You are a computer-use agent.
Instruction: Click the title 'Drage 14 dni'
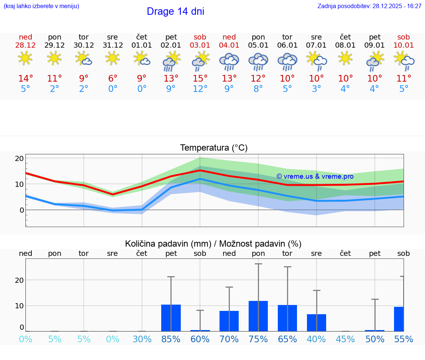[175, 11]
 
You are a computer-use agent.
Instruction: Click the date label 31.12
[113, 45]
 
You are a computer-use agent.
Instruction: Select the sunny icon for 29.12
[54, 58]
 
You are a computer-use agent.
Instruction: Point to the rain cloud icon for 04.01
[229, 62]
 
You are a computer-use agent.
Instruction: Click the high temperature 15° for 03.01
[200, 79]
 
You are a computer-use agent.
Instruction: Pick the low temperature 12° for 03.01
[200, 89]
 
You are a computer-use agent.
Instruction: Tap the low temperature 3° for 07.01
[316, 89]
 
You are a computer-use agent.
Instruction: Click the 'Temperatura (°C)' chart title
[214, 148]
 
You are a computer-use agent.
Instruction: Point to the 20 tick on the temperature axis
[19, 158]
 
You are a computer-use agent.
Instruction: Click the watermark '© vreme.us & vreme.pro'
[315, 176]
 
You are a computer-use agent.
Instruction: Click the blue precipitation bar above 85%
[171, 318]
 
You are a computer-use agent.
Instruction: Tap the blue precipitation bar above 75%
[258, 316]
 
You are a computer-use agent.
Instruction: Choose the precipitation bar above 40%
[317, 323]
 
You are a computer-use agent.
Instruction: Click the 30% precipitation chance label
[142, 339]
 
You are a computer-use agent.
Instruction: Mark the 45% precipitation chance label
[346, 339]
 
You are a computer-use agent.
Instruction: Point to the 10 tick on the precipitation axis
[19, 306]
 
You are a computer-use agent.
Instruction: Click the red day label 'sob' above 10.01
[404, 37]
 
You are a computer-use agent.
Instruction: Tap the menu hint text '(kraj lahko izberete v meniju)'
[41, 6]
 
